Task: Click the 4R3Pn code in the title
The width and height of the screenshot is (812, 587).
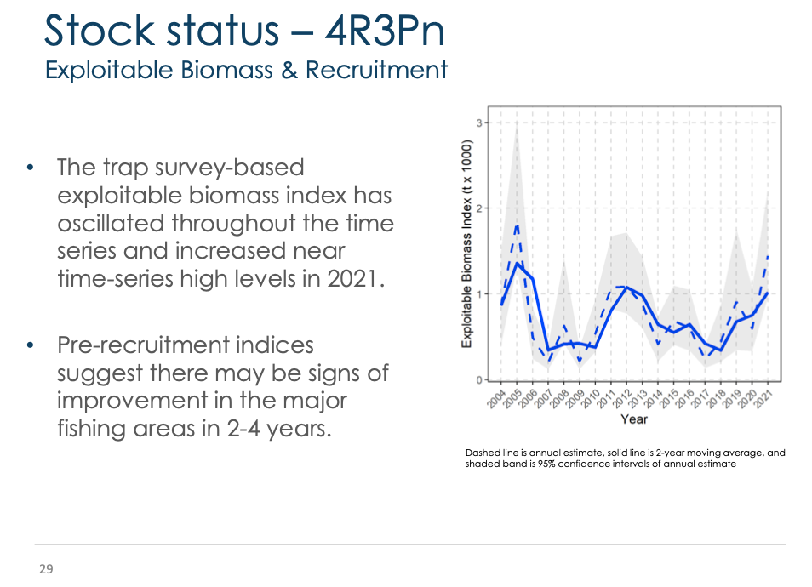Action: (x=385, y=31)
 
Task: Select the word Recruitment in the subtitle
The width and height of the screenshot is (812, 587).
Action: (x=376, y=70)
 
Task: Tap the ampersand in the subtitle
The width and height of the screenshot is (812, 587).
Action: (x=289, y=71)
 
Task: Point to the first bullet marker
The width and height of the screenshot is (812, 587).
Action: (x=30, y=168)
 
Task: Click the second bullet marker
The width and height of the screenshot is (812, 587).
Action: (x=30, y=345)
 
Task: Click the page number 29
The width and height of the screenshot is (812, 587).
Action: (x=46, y=569)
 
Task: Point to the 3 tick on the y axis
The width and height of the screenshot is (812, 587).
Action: (x=479, y=123)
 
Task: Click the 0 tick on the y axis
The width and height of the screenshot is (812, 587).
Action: (x=479, y=380)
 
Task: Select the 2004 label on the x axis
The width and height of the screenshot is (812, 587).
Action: (x=496, y=399)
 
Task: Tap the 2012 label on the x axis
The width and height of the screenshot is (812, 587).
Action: (x=622, y=399)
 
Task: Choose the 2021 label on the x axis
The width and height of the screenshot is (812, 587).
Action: (x=763, y=399)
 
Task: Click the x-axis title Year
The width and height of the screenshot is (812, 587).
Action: (x=634, y=419)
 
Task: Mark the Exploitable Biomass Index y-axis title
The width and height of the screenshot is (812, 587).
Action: (x=466, y=244)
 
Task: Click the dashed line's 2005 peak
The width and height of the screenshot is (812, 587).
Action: (x=518, y=225)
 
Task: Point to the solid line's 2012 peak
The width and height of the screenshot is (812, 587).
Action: (x=626, y=287)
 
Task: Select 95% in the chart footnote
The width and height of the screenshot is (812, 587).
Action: (x=546, y=464)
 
